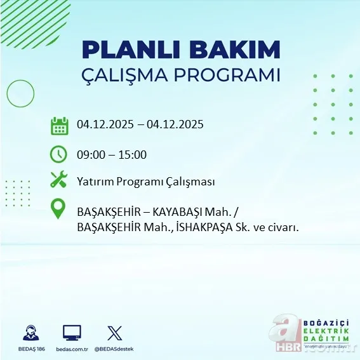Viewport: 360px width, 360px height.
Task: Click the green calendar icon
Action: [59, 126]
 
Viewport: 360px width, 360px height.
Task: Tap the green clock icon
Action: [58, 154]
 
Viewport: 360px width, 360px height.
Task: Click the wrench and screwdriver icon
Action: [58, 180]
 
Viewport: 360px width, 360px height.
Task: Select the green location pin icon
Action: [58, 209]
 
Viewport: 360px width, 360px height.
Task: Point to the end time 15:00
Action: [133, 154]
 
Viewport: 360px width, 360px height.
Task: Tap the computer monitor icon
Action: [72, 333]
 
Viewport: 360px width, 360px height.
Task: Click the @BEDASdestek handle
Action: [114, 349]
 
